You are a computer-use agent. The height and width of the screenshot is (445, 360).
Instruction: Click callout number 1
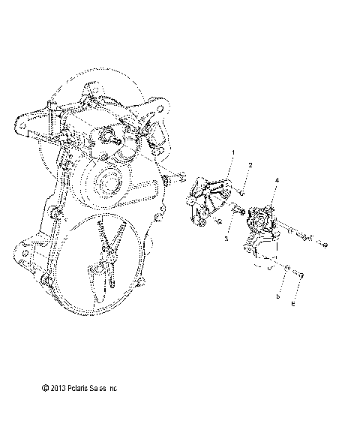(x=211, y=153)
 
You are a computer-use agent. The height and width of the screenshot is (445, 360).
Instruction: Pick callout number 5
(x=278, y=297)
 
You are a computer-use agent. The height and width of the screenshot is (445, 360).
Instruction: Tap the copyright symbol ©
(x=45, y=389)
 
